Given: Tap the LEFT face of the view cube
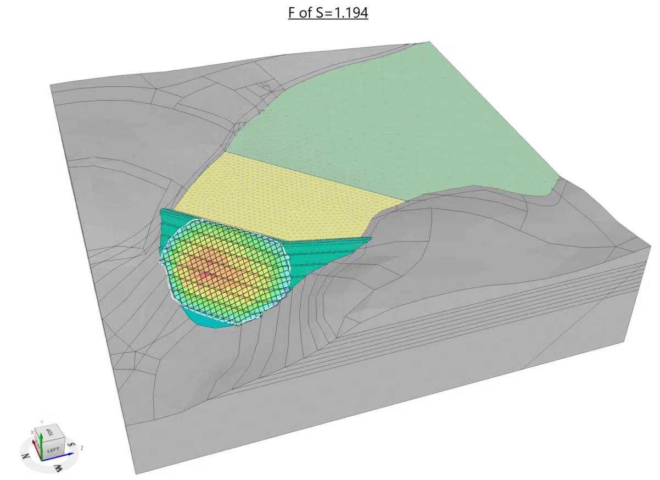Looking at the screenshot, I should [53, 449].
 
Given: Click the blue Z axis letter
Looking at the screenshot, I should [81, 448].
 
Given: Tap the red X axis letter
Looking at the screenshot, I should [32, 433].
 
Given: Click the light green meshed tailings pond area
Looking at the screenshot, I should [395, 121].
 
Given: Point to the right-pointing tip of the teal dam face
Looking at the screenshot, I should [370, 238].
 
